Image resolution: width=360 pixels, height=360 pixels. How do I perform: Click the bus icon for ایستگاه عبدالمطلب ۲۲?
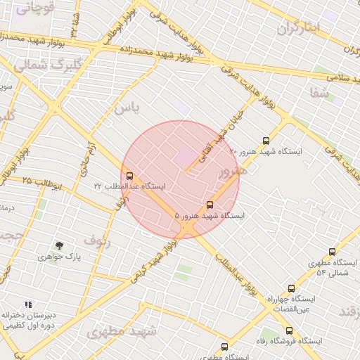point(129,176)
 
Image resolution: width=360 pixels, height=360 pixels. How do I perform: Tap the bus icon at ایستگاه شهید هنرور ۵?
point(210,205)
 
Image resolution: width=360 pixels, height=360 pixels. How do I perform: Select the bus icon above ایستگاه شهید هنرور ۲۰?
point(265,141)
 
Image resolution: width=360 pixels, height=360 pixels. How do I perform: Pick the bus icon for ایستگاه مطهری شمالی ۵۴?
point(332,252)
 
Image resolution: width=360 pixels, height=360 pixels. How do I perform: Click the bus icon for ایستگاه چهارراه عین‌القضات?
point(291,288)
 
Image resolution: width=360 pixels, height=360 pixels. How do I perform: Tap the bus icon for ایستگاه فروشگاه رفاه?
point(289,330)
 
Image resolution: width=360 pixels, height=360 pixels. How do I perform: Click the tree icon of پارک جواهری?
point(59,245)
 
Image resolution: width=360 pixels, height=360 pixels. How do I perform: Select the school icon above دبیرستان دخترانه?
point(28,304)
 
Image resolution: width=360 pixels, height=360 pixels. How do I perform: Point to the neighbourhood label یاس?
point(127,108)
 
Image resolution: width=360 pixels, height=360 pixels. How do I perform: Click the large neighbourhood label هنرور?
point(232,171)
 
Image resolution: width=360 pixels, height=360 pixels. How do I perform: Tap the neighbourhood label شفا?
point(319,92)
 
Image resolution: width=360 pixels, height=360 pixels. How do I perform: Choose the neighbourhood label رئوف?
point(97,241)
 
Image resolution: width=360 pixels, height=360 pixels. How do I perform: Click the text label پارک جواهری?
point(60,257)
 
